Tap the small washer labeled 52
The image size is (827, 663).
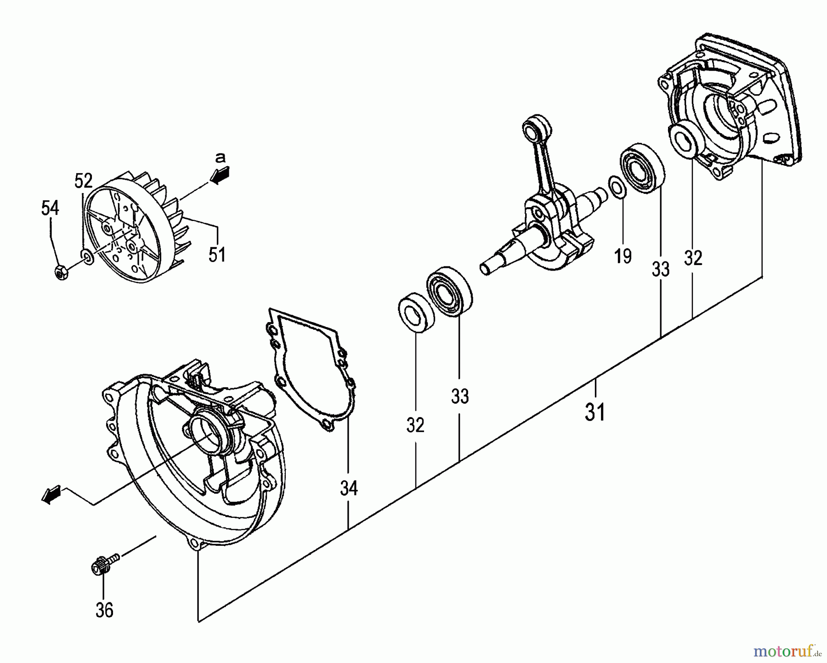pos(86,255)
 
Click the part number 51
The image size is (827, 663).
pos(217,254)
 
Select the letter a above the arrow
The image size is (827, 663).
pos(221,158)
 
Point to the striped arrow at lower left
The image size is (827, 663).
pos(51,495)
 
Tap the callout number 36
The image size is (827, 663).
pos(104,610)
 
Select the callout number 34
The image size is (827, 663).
pos(349,488)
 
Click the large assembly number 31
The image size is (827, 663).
pos(595,412)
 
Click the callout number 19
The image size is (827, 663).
pos(623,256)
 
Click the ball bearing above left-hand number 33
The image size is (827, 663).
pos(450,290)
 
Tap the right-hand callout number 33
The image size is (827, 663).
pos(661,270)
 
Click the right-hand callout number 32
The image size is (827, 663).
pos(693,258)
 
